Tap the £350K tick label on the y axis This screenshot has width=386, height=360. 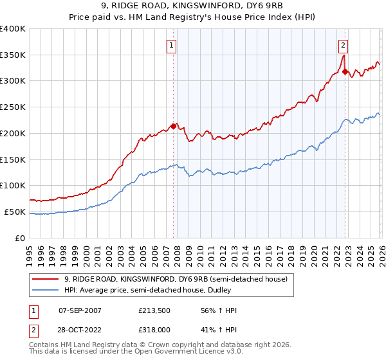point(13,55)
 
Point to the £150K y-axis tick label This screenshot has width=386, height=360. point(13,159)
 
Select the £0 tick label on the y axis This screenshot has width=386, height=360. point(20,238)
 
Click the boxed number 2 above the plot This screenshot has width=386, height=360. point(344,45)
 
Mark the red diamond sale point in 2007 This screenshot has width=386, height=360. point(173,126)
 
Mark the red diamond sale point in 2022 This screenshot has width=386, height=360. point(345,71)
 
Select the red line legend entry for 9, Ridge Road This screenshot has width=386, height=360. point(161,279)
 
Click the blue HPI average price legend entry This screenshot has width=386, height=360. point(161,290)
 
